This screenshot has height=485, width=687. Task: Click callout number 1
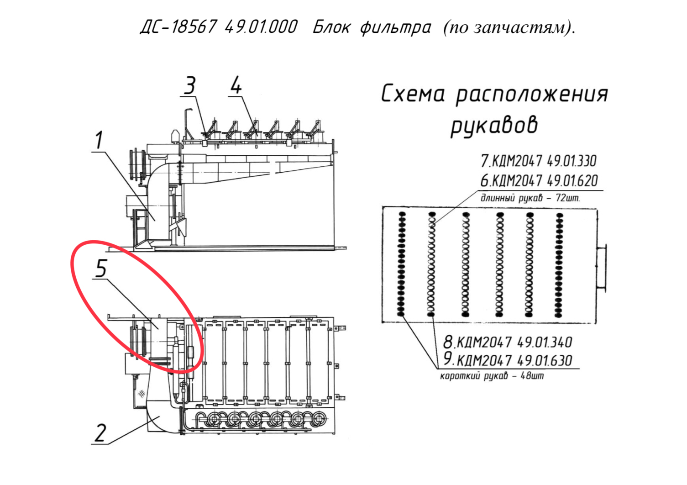99,140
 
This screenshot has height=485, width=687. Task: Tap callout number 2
100,433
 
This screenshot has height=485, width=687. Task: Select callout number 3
190,85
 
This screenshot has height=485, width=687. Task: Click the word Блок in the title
331,27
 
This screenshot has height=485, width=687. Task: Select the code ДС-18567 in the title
179,27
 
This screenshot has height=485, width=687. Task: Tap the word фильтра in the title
396,28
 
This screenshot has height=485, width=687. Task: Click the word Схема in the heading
413,94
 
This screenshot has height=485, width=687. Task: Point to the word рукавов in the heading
494,126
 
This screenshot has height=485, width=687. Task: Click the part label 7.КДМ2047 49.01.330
539,161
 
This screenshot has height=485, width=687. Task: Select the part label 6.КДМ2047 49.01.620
539,180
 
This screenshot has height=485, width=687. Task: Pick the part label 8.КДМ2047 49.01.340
508,342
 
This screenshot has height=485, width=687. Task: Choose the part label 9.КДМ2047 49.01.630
508,360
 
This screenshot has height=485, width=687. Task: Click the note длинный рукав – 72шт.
530,198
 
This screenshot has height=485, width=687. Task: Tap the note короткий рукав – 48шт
492,376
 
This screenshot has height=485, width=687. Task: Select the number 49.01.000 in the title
261,27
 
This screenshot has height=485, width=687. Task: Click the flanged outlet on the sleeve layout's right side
602,268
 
